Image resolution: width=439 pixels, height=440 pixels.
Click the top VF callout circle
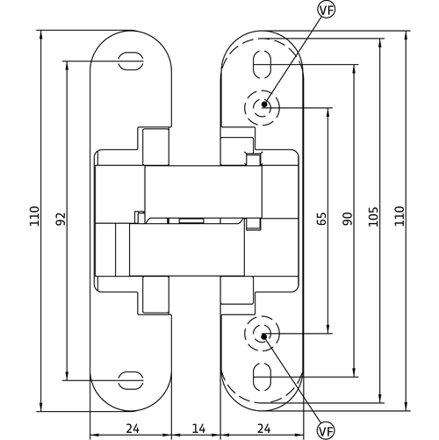click(x=326, y=10)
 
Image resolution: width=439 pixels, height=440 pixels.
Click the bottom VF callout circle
click(x=326, y=431)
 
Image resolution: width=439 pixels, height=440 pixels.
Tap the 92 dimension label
click(x=61, y=219)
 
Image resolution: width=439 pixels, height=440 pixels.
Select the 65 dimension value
click(x=321, y=219)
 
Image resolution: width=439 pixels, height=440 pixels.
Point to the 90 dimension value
click(x=348, y=219)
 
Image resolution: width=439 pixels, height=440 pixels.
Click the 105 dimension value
click(x=373, y=217)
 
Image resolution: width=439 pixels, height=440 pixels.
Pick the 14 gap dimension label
click(x=199, y=429)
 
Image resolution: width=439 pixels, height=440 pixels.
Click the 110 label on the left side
click(x=34, y=216)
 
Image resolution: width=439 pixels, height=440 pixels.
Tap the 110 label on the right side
click(x=399, y=216)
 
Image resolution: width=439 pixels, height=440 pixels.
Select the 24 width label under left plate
click(x=133, y=429)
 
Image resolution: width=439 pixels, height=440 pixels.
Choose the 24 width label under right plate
click(x=264, y=429)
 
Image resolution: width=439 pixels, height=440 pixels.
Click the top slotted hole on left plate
click(x=131, y=61)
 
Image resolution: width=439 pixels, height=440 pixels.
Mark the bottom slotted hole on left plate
click(x=131, y=380)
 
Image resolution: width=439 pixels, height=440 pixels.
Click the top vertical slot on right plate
click(x=263, y=64)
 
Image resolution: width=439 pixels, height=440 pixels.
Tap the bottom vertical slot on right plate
click(x=263, y=377)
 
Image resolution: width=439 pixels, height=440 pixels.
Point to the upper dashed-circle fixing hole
click(x=263, y=108)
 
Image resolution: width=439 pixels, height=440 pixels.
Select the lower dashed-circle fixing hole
click(x=263, y=334)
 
